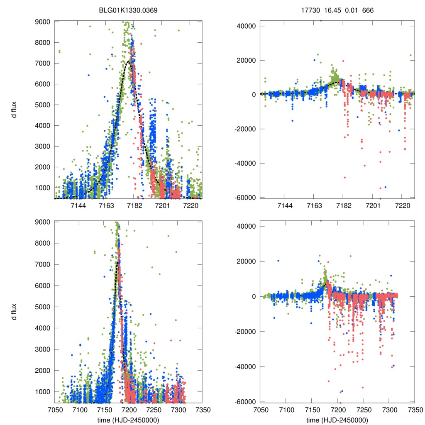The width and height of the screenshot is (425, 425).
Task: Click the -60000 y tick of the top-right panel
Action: [245, 198]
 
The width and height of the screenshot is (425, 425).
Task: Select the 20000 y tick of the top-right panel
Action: [246, 60]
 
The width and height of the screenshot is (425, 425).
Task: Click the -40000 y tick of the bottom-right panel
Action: [245, 367]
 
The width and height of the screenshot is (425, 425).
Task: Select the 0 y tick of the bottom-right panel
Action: [252, 296]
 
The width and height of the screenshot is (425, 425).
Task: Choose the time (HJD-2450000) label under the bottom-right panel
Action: [337, 420]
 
